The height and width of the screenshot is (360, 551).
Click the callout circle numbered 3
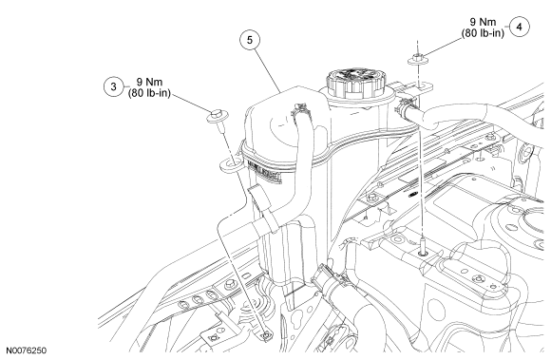(x=113, y=86)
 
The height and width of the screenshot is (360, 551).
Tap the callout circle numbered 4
(x=519, y=27)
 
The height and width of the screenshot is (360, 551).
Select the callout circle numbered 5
(x=250, y=40)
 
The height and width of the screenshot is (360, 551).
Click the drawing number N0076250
(x=26, y=351)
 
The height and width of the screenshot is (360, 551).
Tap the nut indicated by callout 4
(x=418, y=59)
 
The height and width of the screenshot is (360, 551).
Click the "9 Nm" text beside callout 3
(x=149, y=82)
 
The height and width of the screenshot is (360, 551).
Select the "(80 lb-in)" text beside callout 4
(x=483, y=33)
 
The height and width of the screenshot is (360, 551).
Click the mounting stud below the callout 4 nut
(x=423, y=246)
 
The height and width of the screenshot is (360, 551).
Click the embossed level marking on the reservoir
(x=264, y=171)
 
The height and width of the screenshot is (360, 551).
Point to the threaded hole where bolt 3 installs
(x=266, y=335)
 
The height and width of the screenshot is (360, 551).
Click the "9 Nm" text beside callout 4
(x=484, y=22)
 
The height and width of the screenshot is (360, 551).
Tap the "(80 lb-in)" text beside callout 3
(x=149, y=93)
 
